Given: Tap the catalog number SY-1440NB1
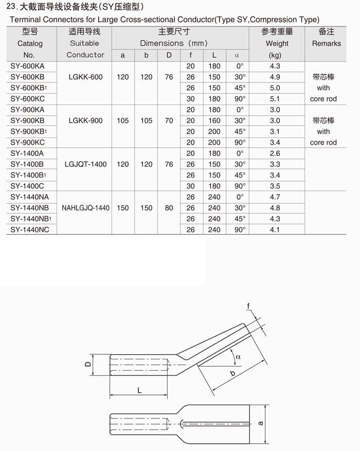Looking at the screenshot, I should click(x=29, y=219).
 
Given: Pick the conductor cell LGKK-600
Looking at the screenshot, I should click(x=85, y=77).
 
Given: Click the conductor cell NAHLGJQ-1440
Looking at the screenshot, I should click(x=85, y=208).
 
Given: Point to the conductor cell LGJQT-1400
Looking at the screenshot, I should click(x=85, y=164).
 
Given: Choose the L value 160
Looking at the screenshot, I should click(x=214, y=120).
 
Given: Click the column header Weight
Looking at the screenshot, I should click(x=277, y=43).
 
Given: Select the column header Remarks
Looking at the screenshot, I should click(x=326, y=43).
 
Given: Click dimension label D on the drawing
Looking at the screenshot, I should click(x=88, y=365).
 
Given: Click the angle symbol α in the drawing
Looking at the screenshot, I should click(x=238, y=356).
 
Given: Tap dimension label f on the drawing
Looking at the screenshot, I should click(x=248, y=307).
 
